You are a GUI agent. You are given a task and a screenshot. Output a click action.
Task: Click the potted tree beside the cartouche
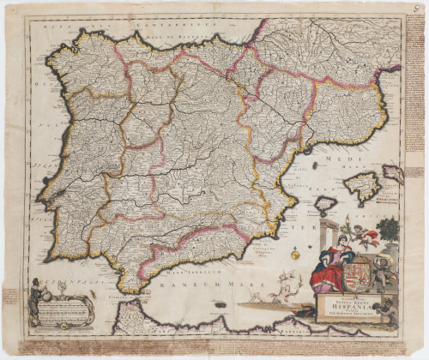(387, 232)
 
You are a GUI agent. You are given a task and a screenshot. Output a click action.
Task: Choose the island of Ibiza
(325, 204)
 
